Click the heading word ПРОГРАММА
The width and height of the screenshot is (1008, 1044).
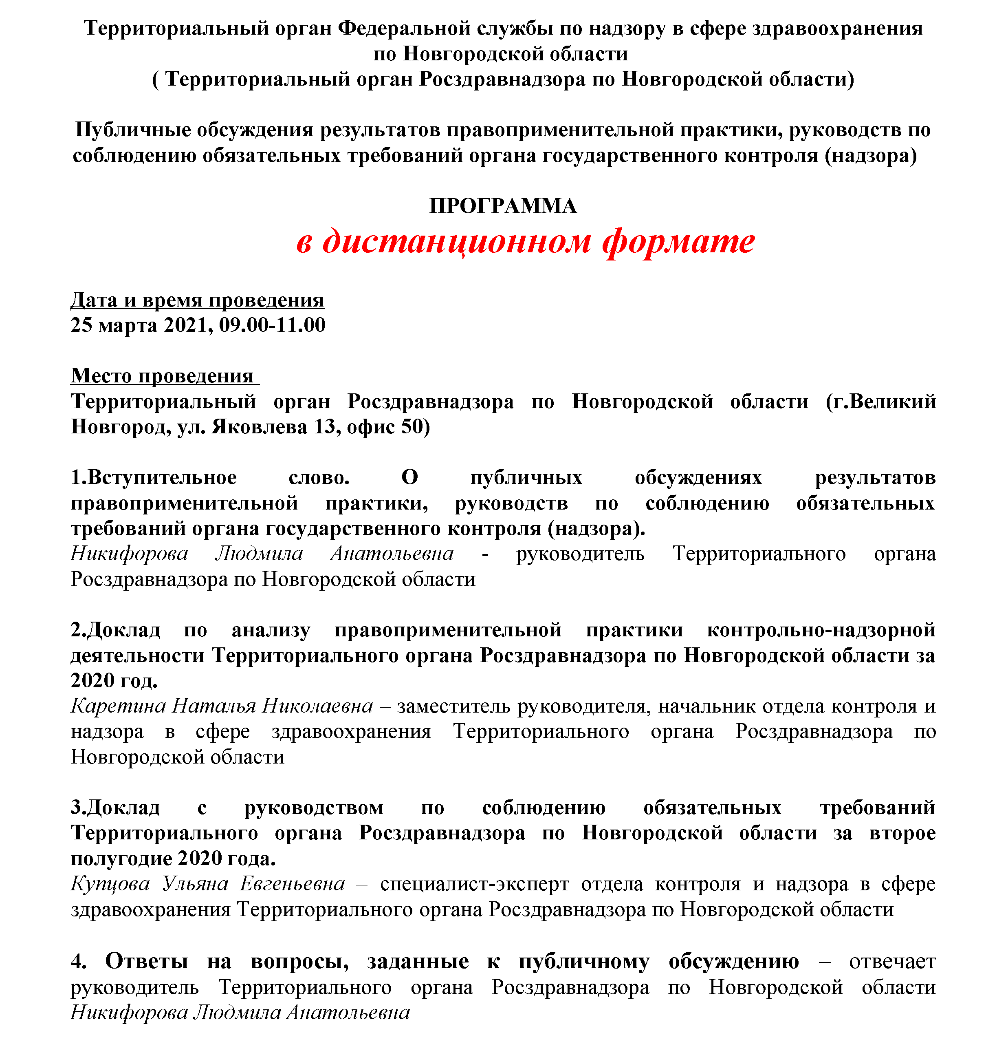503,206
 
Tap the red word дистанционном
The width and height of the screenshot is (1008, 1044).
457,241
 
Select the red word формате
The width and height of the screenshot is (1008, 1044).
678,241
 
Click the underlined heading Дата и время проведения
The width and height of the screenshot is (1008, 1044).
198,300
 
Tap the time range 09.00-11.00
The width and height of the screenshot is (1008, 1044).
272,325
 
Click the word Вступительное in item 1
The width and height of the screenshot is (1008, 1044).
161,477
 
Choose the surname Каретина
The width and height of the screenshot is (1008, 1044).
118,706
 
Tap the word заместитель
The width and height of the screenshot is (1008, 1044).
453,706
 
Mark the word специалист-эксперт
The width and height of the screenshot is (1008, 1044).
474,884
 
